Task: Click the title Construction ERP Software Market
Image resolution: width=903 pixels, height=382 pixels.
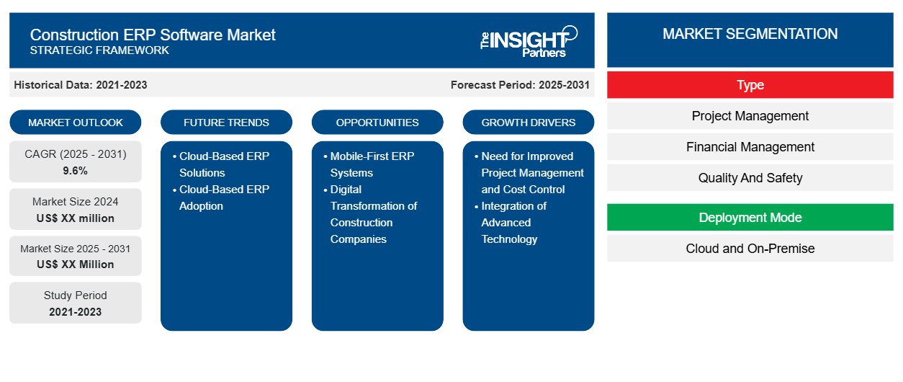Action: [x=153, y=34]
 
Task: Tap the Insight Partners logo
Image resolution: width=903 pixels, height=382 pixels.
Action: [x=529, y=40]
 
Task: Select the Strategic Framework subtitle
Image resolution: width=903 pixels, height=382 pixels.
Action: [x=99, y=50]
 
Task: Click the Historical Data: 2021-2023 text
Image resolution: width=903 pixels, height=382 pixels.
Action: [x=81, y=85]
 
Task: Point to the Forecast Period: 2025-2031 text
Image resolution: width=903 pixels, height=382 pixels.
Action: [x=520, y=85]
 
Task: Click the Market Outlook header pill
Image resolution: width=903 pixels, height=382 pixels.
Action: [x=76, y=123]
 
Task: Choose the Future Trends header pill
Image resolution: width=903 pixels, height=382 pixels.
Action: [x=226, y=123]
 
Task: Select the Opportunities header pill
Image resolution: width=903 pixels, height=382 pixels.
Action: [x=377, y=123]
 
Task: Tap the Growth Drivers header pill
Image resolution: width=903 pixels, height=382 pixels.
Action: [x=529, y=123]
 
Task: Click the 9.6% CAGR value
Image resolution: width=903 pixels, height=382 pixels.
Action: [x=76, y=171]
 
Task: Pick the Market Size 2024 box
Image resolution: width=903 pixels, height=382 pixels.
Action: [x=76, y=209]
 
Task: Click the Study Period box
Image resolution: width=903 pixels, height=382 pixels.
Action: [x=76, y=303]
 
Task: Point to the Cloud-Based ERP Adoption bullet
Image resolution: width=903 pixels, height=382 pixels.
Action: [x=224, y=197]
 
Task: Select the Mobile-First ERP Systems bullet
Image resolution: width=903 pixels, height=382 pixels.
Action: [x=372, y=164]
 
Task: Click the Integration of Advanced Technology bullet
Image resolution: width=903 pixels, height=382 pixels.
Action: [x=513, y=222]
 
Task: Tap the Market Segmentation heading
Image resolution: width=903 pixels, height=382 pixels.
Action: [x=750, y=34]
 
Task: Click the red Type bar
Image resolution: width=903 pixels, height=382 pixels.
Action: [x=750, y=85]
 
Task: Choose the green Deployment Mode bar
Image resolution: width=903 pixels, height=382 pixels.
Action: [x=750, y=218]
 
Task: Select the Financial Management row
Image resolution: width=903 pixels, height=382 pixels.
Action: [x=750, y=147]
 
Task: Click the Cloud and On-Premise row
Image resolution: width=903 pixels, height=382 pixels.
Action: [x=750, y=249]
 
